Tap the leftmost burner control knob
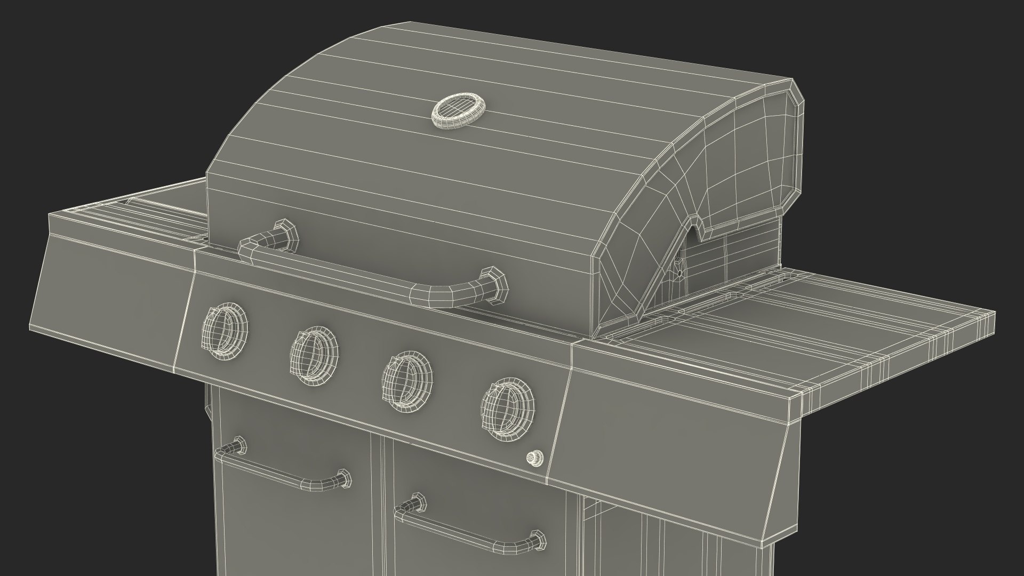[x=225, y=327]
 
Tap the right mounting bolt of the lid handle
[x=494, y=283]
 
